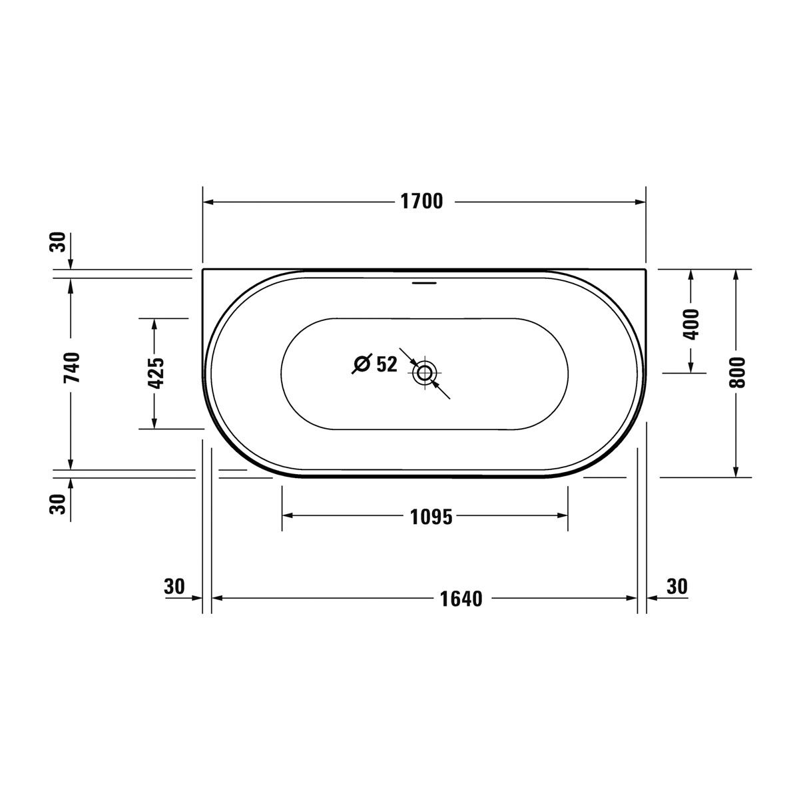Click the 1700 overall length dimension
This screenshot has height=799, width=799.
[x=421, y=202]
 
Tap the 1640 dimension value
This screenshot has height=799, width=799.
[x=461, y=599]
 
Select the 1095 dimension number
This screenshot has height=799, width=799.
[x=431, y=517]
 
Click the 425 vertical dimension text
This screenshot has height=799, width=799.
[x=156, y=373]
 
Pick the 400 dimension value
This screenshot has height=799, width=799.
[x=690, y=324]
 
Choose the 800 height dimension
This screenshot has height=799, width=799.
[x=737, y=372]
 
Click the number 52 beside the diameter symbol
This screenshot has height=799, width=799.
[x=386, y=364]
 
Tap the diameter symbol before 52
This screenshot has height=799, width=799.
[x=362, y=364]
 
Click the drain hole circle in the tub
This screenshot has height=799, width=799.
[x=423, y=373]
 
